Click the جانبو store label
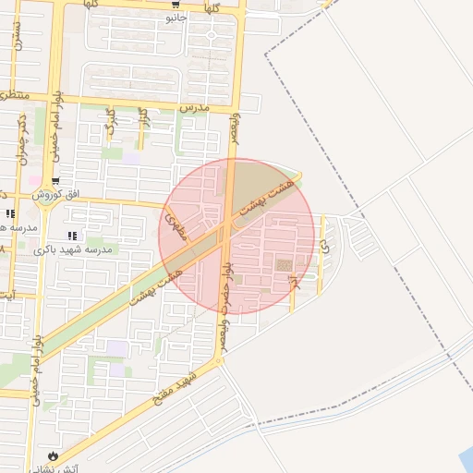point(176,18)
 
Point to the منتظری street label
point(14,95)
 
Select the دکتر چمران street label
point(20,139)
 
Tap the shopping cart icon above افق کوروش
point(56,182)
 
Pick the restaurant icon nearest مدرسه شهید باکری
point(73,236)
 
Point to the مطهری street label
point(176,223)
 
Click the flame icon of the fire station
point(52,455)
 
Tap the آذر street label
point(293,285)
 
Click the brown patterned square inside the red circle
point(284,265)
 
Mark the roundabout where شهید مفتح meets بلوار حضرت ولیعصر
point(219,361)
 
